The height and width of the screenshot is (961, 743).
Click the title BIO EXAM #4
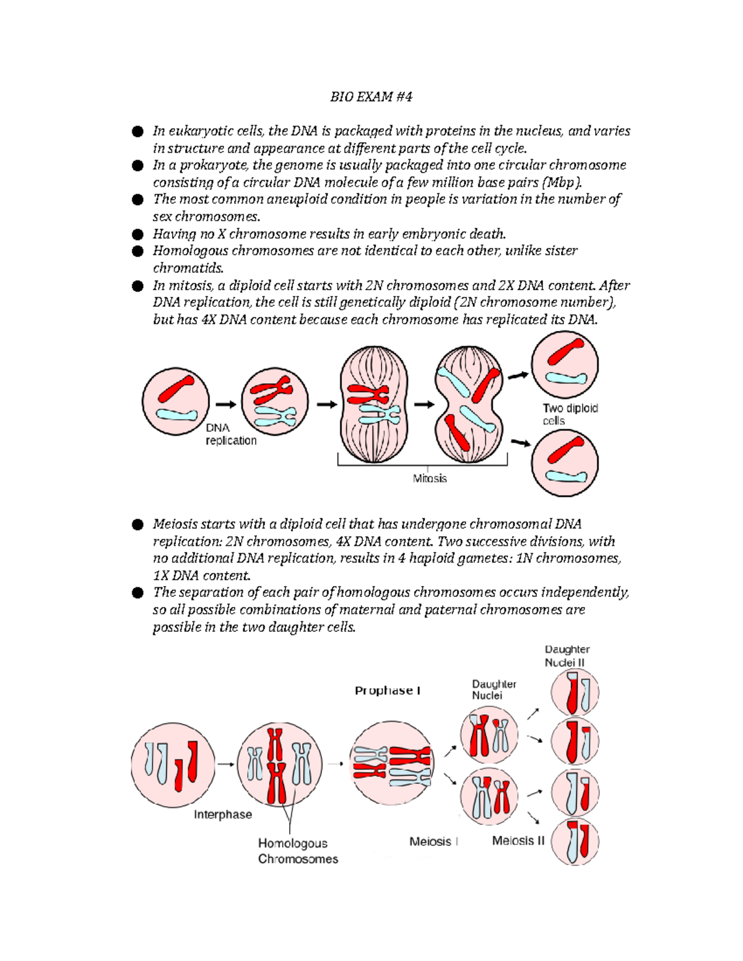[x=371, y=97]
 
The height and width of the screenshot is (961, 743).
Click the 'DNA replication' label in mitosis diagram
[x=230, y=434]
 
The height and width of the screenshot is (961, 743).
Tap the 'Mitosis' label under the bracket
[x=430, y=478]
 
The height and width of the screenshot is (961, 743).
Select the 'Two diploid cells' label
[x=570, y=414]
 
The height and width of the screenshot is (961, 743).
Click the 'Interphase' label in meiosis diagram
[x=223, y=814]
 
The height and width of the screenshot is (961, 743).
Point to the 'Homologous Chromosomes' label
[x=298, y=851]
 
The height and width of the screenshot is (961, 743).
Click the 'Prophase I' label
[x=388, y=691]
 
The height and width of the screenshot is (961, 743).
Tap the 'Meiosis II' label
[x=518, y=840]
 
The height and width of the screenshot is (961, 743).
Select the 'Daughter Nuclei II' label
[x=567, y=656]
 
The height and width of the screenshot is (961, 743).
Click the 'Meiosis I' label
[x=433, y=842]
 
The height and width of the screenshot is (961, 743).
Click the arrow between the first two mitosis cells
[x=226, y=404]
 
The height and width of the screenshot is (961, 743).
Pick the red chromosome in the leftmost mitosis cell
[x=176, y=389]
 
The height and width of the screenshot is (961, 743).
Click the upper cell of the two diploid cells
[x=565, y=364]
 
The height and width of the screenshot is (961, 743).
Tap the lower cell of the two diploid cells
[x=565, y=463]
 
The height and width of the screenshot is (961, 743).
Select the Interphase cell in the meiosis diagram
[x=173, y=765]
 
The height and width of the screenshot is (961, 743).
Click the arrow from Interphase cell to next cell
[x=226, y=764]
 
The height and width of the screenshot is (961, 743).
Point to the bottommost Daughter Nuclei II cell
[x=575, y=842]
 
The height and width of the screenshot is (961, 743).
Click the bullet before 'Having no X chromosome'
[x=137, y=234]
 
